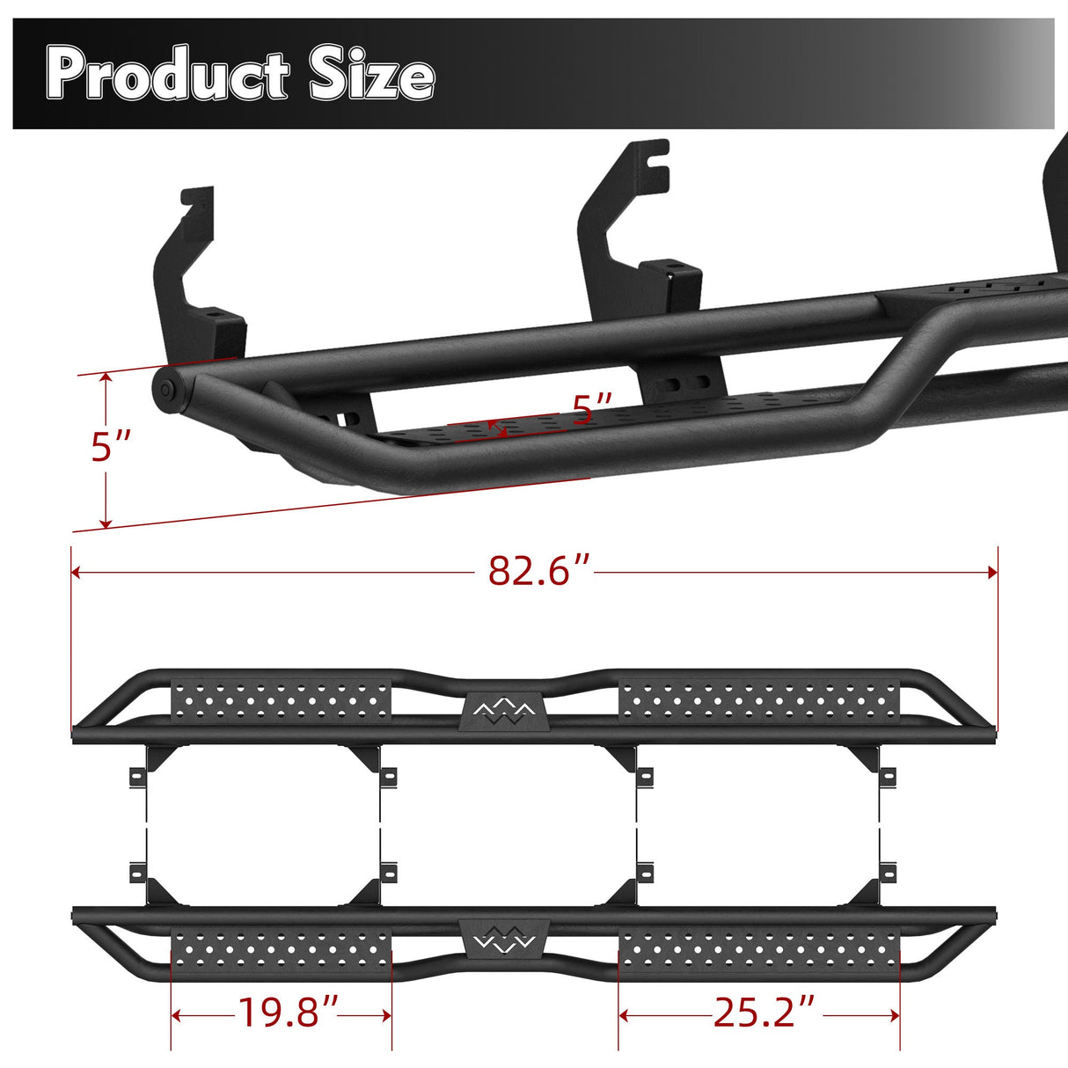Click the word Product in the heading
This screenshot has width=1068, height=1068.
(x=167, y=75)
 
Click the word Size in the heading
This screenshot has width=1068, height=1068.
(x=371, y=75)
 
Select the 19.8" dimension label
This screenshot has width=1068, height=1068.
(x=289, y=1013)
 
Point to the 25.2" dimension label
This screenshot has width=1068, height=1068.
(x=764, y=1013)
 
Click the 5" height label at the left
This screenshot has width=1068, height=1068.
(x=113, y=447)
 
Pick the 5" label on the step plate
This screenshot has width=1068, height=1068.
(x=592, y=409)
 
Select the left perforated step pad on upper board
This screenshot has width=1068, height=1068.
(x=281, y=700)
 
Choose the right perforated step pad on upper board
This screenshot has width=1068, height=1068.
(x=759, y=700)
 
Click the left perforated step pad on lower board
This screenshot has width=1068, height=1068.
(x=281, y=952)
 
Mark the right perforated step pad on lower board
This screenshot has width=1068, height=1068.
(x=759, y=952)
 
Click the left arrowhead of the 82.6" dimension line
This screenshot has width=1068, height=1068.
(x=76, y=573)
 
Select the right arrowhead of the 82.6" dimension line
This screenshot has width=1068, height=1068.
(x=993, y=573)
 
